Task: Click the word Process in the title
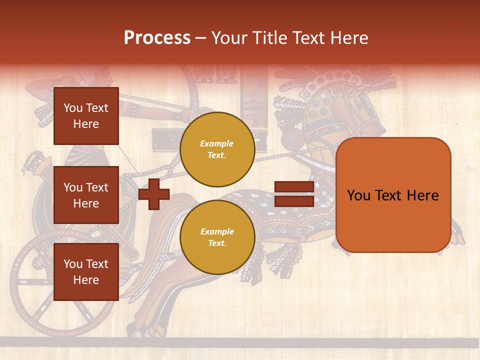(x=157, y=37)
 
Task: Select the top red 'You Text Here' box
(x=86, y=116)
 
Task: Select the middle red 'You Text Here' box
(x=86, y=195)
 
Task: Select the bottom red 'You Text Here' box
(x=86, y=271)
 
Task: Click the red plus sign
(x=153, y=193)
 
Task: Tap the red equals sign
(x=294, y=194)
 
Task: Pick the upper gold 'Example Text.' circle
(x=217, y=149)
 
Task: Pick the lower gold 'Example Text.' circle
(x=217, y=237)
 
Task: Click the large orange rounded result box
(x=393, y=195)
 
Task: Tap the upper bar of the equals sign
(x=294, y=187)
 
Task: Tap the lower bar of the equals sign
(x=294, y=201)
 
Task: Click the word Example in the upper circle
(x=217, y=143)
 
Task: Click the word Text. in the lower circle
(x=217, y=243)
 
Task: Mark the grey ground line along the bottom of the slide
(x=240, y=342)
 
